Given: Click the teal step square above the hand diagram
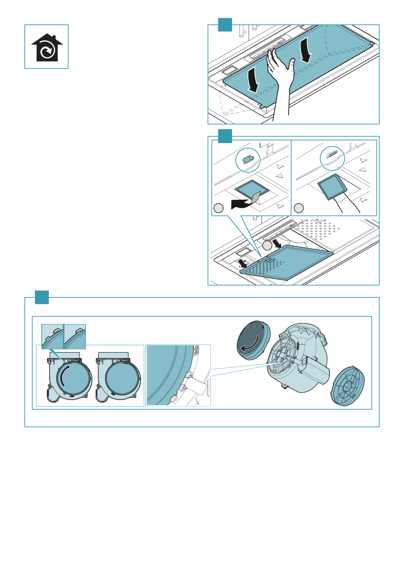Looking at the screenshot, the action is pyautogui.click(x=225, y=25).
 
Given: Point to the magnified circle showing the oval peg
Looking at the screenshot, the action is pyautogui.click(x=248, y=160).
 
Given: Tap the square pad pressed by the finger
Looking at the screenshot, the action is pyautogui.click(x=333, y=186).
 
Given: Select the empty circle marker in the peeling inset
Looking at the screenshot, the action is pyautogui.click(x=219, y=208).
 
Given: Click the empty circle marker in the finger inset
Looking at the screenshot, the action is pyautogui.click(x=299, y=208).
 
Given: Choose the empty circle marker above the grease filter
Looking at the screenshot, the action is pyautogui.click(x=267, y=244).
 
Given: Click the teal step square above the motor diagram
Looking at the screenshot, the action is pyautogui.click(x=42, y=297).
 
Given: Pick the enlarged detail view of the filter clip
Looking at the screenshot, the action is pyautogui.click(x=178, y=375).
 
